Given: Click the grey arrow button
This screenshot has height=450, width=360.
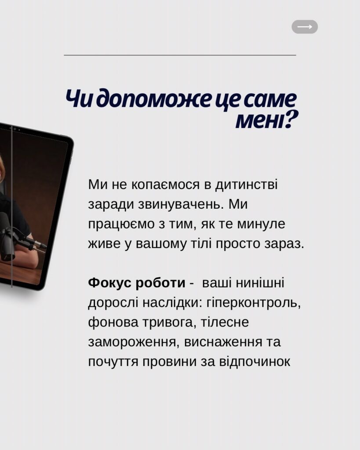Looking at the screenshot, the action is point(305,27).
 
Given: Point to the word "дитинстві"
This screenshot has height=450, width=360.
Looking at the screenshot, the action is point(247,185).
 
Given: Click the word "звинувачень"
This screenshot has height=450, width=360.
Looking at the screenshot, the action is point(179,204).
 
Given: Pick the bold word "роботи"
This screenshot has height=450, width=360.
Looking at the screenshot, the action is point(160,283).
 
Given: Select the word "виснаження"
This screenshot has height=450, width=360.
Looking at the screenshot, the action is point(223,342).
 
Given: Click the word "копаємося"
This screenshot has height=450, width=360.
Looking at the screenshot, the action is point(165,185).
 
